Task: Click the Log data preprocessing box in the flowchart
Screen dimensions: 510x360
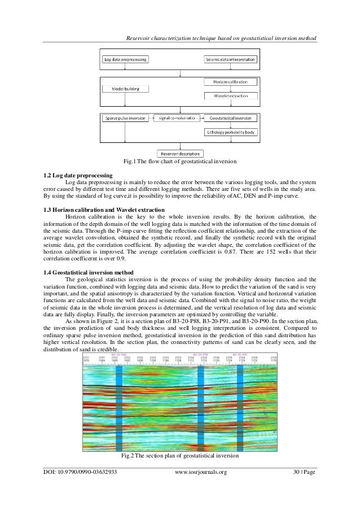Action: pyautogui.click(x=125, y=59)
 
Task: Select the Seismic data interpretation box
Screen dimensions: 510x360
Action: pyautogui.click(x=230, y=59)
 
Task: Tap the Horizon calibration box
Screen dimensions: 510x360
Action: pyautogui.click(x=230, y=82)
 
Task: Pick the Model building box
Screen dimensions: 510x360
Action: pyautogui.click(x=125, y=89)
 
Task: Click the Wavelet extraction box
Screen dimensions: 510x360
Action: pyautogui.click(x=230, y=97)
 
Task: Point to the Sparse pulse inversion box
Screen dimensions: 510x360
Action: pyautogui.click(x=125, y=119)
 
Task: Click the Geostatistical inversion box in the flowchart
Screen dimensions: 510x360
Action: pyautogui.click(x=230, y=119)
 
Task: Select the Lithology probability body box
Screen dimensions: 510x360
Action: pyautogui.click(x=230, y=133)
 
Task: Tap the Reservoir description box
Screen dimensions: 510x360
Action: pyautogui.click(x=179, y=152)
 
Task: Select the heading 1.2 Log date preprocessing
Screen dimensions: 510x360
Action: pyautogui.click(x=76, y=175)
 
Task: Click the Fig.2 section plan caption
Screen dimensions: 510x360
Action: pyautogui.click(x=179, y=456)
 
